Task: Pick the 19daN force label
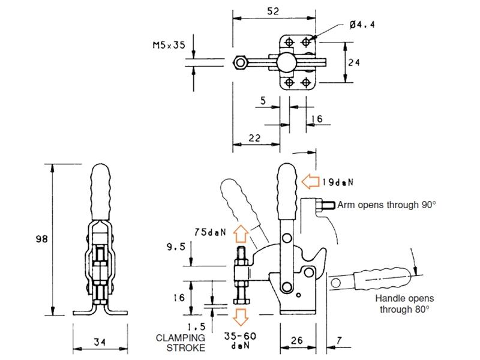tap(338, 181)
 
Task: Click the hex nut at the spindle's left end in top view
tap(240, 62)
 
